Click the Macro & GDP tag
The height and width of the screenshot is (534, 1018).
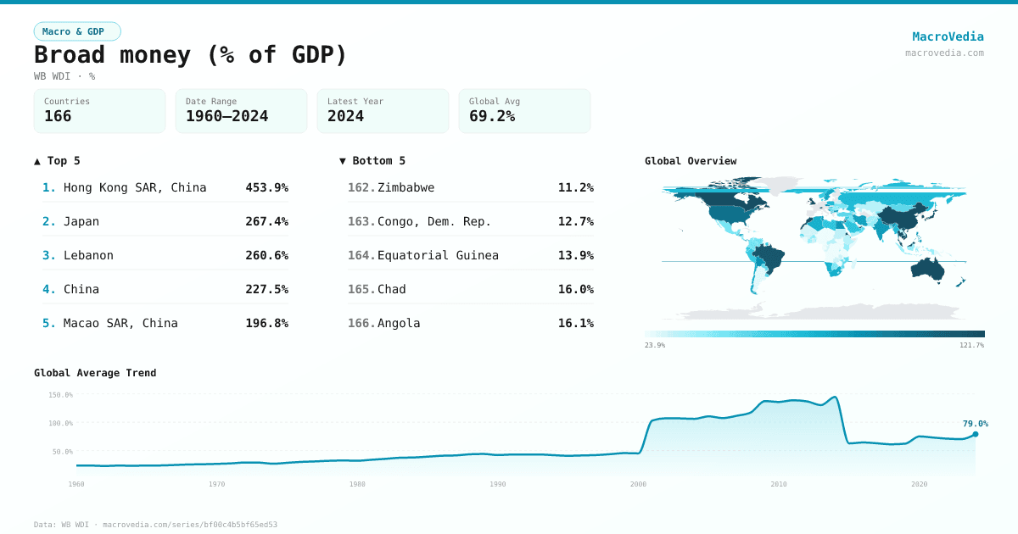77,31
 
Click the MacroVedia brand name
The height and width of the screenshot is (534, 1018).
948,36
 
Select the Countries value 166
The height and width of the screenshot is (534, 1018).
58,116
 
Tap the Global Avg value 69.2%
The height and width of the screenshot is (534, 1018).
492,116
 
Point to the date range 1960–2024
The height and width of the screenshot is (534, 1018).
227,116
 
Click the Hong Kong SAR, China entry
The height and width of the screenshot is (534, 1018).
135,187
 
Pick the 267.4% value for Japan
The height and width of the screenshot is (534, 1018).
266,221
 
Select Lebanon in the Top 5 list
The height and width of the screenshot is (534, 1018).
88,255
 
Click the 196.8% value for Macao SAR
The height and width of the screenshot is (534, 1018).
266,323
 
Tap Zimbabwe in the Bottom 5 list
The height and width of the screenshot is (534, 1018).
406,187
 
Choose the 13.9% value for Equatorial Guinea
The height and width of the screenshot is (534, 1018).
575,255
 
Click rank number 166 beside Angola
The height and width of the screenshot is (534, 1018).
361,323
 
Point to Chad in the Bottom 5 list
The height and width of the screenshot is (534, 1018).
392,289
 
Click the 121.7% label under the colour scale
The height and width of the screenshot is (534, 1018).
972,345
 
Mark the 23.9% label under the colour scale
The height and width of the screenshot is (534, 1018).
655,345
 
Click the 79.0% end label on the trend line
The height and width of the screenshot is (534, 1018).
975,424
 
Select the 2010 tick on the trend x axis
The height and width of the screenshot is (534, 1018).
778,484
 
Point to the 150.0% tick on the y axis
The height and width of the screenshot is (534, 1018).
60,395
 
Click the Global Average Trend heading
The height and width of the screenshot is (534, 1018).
95,373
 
